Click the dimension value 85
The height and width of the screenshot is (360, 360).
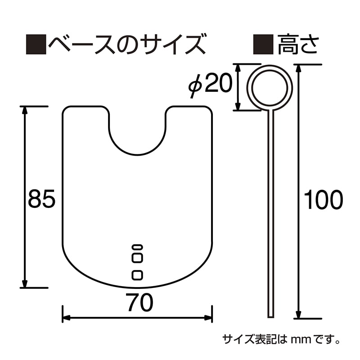(41, 198)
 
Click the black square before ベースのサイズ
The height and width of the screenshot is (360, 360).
(36, 45)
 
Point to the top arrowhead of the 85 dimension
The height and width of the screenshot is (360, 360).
(25, 109)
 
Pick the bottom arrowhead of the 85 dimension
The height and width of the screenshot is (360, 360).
(25, 284)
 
